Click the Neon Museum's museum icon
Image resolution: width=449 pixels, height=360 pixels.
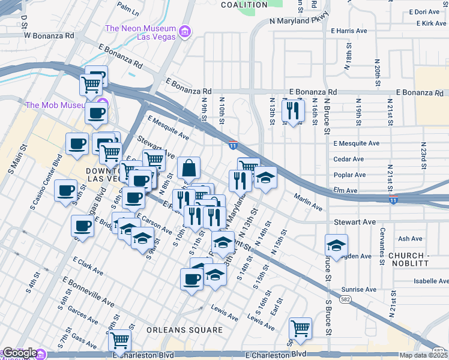[184, 31]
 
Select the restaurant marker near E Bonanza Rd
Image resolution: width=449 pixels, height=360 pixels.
[293, 112]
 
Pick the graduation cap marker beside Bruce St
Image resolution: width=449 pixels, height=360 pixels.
[336, 245]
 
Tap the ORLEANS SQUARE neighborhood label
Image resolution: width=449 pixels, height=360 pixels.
[176, 329]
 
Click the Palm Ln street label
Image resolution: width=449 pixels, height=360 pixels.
[128, 8]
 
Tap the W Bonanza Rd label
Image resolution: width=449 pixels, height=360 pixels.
[49, 35]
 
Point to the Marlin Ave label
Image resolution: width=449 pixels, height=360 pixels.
[309, 201]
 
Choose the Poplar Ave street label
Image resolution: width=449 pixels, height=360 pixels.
[350, 175]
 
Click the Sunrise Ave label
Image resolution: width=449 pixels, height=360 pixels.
[359, 289]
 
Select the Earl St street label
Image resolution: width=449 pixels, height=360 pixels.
[277, 308]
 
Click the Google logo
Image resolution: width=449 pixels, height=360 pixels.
[20, 353]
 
